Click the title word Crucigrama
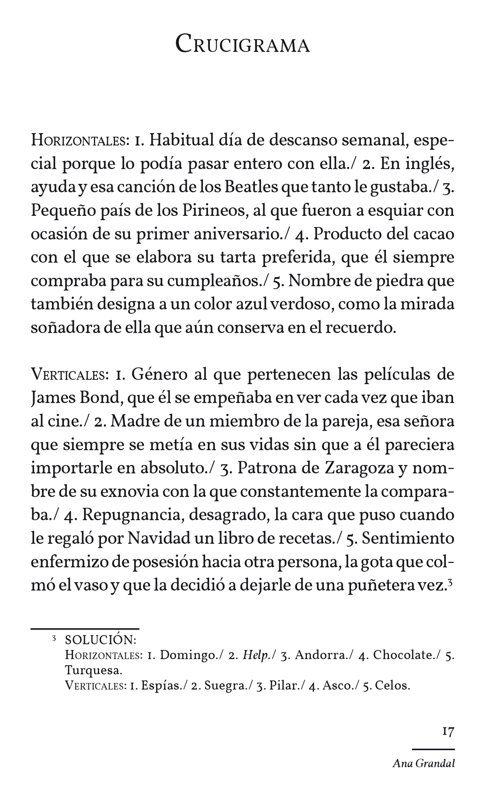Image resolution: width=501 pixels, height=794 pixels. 243,45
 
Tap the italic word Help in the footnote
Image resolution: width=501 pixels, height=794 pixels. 255,655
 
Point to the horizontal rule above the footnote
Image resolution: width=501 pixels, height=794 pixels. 85,628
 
